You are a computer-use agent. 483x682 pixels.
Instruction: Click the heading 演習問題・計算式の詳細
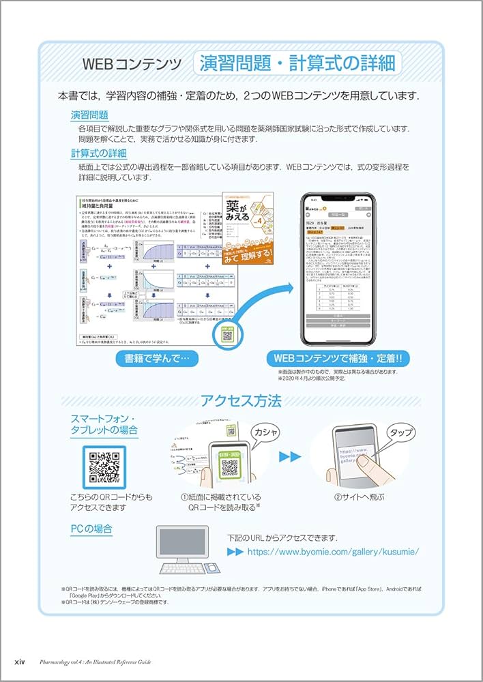[297, 64]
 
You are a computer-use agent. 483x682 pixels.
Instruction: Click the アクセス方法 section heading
[241, 401]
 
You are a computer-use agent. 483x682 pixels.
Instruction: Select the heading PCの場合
[91, 529]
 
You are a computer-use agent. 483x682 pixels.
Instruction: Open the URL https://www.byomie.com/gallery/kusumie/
[332, 552]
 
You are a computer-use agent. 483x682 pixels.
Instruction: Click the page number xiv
[20, 662]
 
